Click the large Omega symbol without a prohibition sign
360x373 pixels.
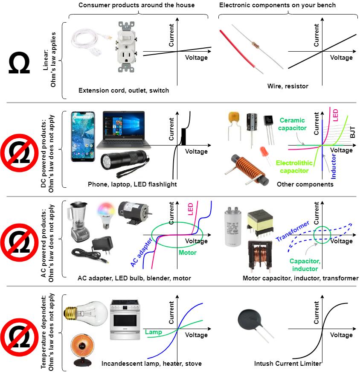pyautogui.click(x=19, y=64)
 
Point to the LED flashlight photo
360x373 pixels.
pyautogui.click(x=124, y=166)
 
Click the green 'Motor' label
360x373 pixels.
pyautogui.click(x=187, y=253)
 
